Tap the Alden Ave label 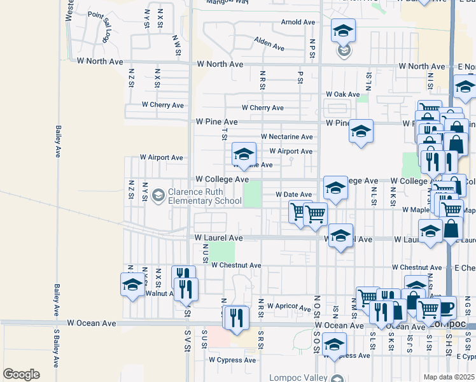(x=269, y=44)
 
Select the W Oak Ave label (x=343, y=94)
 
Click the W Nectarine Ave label (x=287, y=137)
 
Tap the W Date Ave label (x=293, y=194)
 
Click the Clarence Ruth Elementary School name (x=204, y=197)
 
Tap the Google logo (x=21, y=374)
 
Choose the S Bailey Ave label (x=56, y=348)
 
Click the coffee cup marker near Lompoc (x=445, y=308)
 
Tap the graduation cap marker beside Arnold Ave (x=343, y=31)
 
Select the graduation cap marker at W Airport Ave (x=243, y=154)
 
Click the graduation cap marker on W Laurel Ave (x=340, y=236)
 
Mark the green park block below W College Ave (x=253, y=194)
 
